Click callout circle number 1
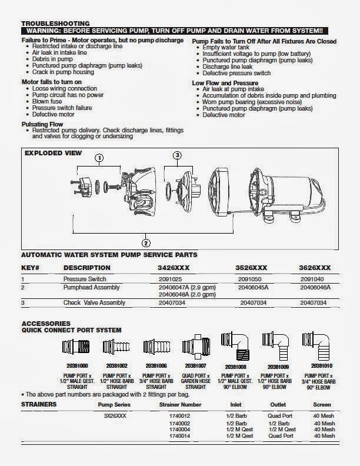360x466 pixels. coord(99,157)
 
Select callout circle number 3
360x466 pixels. coord(178,155)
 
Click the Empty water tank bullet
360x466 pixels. coord(226,47)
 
